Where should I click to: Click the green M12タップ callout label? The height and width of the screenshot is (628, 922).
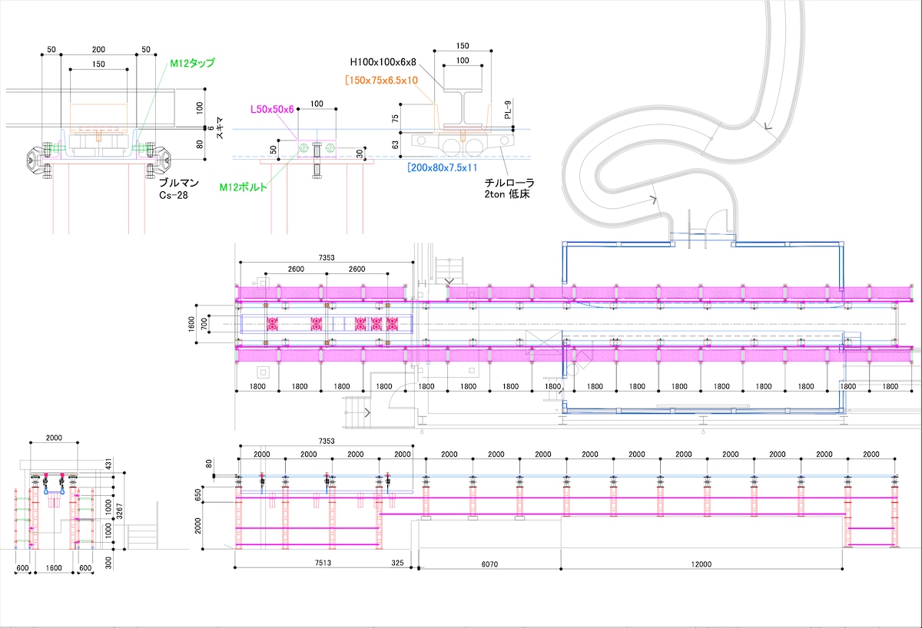[192, 63]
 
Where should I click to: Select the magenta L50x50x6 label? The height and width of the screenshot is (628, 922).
[272, 109]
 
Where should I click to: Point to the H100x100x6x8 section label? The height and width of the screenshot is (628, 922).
[383, 62]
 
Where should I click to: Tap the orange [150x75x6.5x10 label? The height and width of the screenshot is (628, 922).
[382, 80]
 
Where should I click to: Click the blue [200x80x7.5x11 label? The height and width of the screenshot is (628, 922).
[442, 168]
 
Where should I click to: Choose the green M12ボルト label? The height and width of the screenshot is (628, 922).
[244, 187]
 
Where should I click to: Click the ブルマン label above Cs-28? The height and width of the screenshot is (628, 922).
[179, 183]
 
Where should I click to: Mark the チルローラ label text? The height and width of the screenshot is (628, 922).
[509, 183]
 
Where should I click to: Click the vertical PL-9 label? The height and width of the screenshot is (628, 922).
[508, 110]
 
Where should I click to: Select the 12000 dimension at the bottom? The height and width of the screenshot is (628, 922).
[701, 564]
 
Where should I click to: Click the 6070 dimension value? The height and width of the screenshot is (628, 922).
[489, 564]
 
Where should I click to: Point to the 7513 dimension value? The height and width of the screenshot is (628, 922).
[323, 563]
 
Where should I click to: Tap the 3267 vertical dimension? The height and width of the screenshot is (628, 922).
[119, 511]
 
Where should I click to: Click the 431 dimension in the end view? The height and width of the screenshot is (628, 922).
[108, 465]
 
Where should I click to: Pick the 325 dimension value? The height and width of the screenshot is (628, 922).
[397, 563]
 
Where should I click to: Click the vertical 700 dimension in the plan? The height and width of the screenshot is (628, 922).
[204, 324]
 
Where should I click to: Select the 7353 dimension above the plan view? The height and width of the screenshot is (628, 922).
[327, 258]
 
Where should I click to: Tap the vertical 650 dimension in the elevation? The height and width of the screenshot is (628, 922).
[198, 494]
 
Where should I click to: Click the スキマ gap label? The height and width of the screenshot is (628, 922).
[220, 128]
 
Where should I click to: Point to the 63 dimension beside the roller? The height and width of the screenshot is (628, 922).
[395, 145]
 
